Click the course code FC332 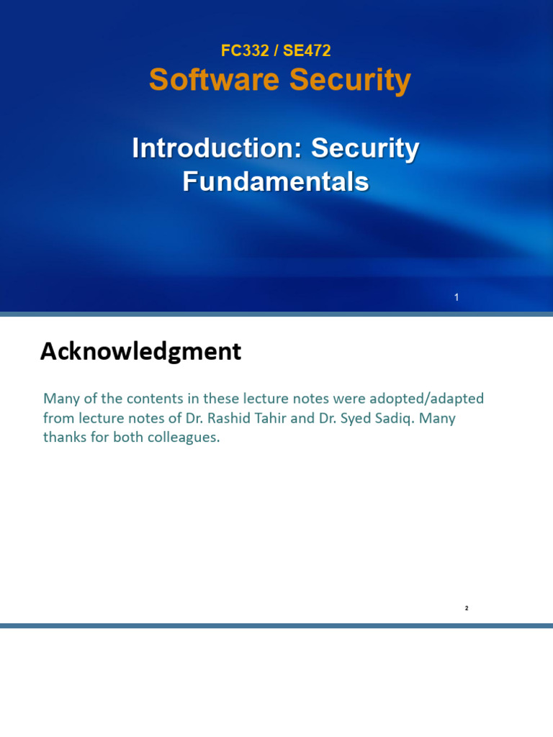pos(245,50)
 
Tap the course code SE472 pos(307,50)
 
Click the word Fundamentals pos(276,181)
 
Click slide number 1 pos(457,297)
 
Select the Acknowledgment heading pos(140,351)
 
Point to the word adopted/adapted pos(426,399)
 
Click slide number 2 pos(467,608)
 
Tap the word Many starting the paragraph pos(61,399)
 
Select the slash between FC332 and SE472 pos(276,50)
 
